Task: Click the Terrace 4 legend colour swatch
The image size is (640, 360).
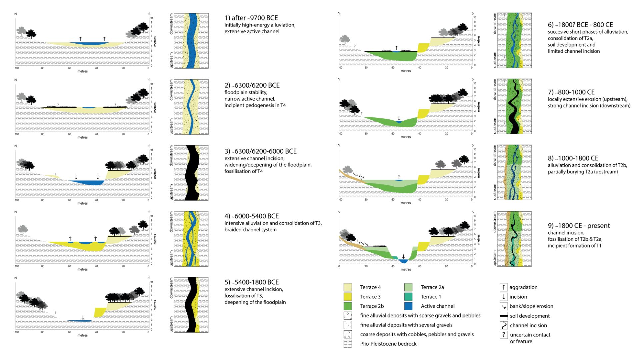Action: pyautogui.click(x=348, y=287)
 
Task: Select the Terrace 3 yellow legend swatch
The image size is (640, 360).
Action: pyautogui.click(x=348, y=297)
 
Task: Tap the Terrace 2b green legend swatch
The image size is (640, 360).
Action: pyautogui.click(x=348, y=306)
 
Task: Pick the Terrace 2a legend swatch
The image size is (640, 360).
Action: pyautogui.click(x=408, y=287)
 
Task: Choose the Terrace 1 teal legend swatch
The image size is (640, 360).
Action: pyautogui.click(x=408, y=297)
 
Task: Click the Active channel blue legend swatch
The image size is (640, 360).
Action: pyautogui.click(x=408, y=306)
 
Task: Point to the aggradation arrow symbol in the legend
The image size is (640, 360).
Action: pyautogui.click(x=503, y=287)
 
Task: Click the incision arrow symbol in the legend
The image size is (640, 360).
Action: pyautogui.click(x=503, y=297)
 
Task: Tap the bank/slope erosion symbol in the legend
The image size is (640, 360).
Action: pyautogui.click(x=503, y=306)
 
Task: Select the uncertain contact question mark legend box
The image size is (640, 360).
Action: pyautogui.click(x=503, y=335)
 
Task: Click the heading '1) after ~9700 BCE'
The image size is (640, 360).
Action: pyautogui.click(x=251, y=18)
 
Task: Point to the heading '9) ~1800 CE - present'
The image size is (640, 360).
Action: pyautogui.click(x=579, y=226)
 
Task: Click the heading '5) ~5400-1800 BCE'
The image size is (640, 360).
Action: pyautogui.click(x=251, y=282)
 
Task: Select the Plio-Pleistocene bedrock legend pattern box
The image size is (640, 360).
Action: pyautogui.click(x=348, y=344)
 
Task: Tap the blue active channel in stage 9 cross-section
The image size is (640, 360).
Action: pyautogui.click(x=404, y=261)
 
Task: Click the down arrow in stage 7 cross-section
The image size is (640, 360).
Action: pyautogui.click(x=399, y=119)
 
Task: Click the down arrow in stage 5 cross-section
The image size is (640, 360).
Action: pyautogui.click(x=83, y=317)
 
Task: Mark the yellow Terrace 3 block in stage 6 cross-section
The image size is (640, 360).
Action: pyautogui.click(x=422, y=48)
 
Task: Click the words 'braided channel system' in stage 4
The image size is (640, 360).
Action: pyautogui.click(x=250, y=230)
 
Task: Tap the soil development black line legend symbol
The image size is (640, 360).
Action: pyautogui.click(x=503, y=316)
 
